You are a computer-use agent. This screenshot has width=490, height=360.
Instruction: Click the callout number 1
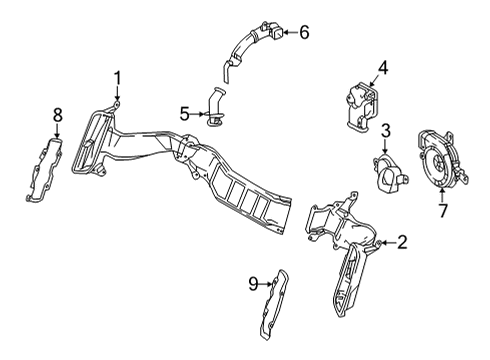click(117, 78)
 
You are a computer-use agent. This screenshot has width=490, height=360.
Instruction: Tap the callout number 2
click(402, 242)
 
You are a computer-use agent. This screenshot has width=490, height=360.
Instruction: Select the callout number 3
click(385, 131)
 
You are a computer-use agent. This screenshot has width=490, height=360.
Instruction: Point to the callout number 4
click(383, 68)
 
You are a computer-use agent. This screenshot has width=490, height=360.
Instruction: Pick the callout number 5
click(185, 114)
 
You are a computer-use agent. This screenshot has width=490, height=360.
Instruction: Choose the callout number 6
click(304, 32)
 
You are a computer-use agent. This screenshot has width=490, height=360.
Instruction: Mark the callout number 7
click(443, 210)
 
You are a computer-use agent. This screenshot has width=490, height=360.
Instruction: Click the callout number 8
click(58, 115)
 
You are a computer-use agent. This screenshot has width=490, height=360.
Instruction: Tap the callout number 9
click(254, 284)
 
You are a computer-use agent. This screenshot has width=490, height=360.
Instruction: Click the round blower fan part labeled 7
click(441, 160)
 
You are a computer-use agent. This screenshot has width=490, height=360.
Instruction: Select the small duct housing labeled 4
click(362, 107)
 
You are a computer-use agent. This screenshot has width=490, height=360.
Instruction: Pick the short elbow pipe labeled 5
click(215, 106)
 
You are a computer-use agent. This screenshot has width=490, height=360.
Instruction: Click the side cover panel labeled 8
click(44, 170)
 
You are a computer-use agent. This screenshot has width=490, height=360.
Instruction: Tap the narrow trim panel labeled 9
click(274, 305)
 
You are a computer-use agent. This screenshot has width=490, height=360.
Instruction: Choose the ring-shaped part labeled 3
click(389, 174)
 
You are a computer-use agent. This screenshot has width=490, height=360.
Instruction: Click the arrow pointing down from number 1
click(117, 93)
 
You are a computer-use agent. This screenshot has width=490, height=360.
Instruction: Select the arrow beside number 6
click(290, 32)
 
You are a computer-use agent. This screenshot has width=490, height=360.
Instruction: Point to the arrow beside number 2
click(388, 243)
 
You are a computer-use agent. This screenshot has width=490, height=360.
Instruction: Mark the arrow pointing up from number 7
click(442, 196)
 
